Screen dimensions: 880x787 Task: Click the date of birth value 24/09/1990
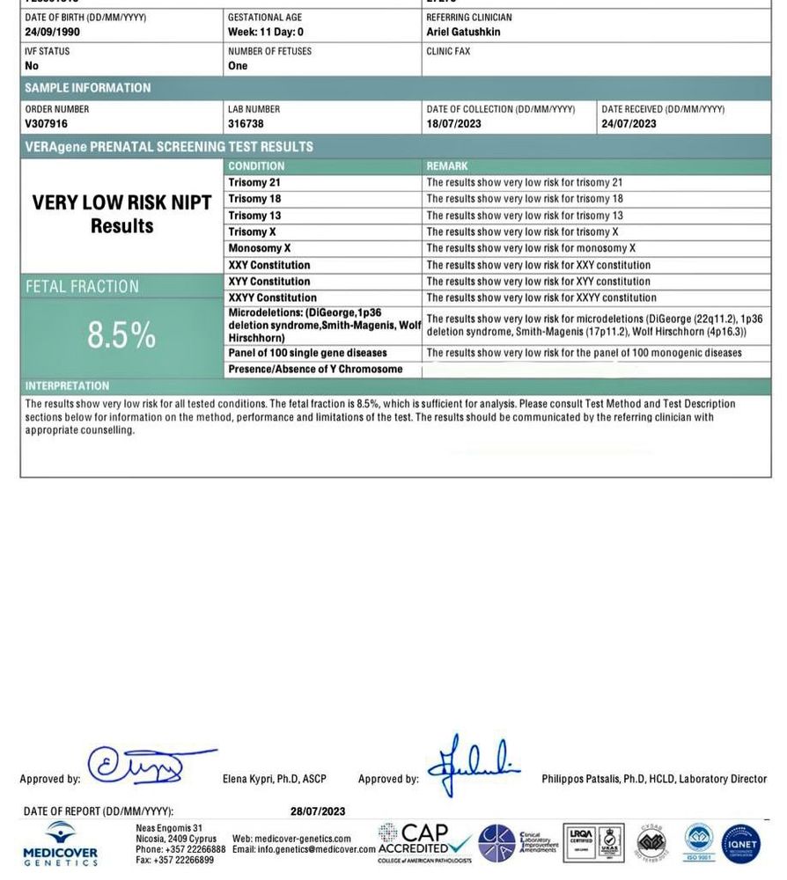(54, 32)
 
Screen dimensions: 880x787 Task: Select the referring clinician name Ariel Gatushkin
(463, 32)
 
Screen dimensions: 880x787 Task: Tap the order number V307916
(47, 124)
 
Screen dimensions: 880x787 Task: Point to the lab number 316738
(246, 124)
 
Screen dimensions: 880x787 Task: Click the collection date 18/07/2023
(453, 124)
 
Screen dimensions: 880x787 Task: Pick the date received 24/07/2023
(629, 124)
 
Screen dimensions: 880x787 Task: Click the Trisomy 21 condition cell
(254, 183)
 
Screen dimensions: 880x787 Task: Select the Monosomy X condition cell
(260, 249)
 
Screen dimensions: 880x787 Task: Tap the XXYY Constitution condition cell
(272, 298)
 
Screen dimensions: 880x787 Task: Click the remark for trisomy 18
(525, 199)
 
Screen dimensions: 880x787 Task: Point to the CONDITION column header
(256, 166)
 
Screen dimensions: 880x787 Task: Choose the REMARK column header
(447, 166)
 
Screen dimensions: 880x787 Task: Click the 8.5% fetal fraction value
(121, 335)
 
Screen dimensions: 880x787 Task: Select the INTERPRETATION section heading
(67, 386)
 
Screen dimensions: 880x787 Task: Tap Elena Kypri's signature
(141, 766)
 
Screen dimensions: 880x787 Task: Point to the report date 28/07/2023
(318, 811)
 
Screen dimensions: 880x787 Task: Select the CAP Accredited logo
(424, 843)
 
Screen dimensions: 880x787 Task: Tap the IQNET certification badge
(740, 844)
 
